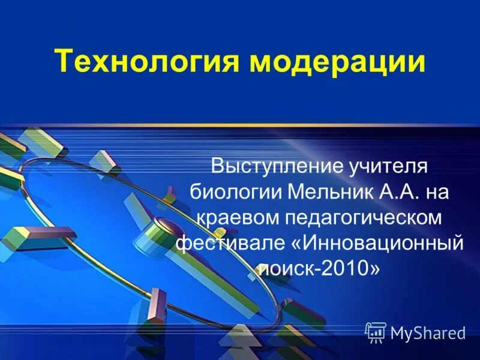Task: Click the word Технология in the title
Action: click(139, 62)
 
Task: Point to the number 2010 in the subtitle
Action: click(345, 269)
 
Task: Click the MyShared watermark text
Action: click(427, 332)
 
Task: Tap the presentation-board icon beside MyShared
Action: click(376, 332)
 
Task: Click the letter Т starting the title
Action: click(64, 62)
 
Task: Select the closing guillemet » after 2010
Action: click(374, 269)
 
